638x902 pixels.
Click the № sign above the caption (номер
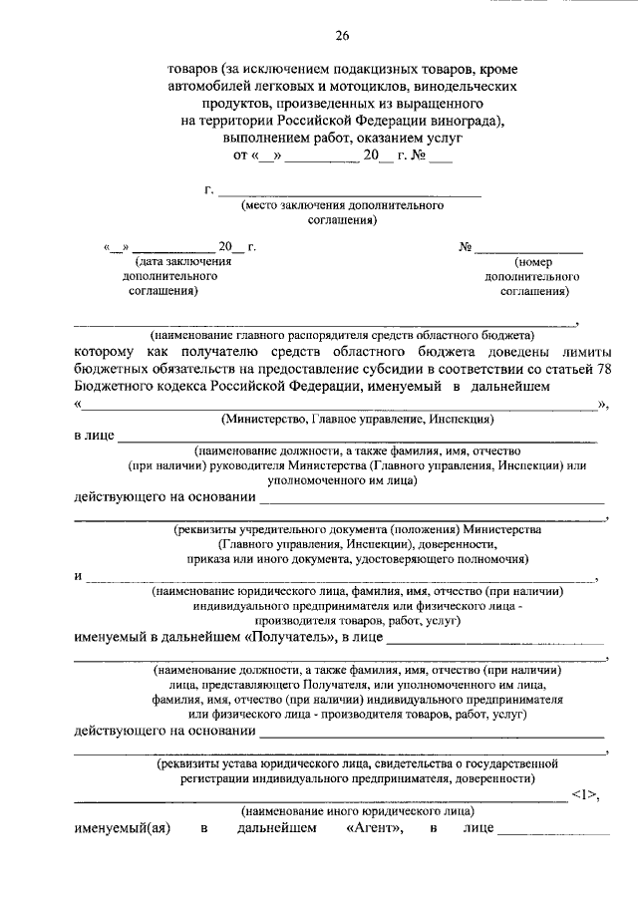point(464,246)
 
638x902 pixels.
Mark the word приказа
point(194,561)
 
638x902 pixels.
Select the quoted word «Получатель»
point(285,635)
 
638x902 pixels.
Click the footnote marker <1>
point(586,794)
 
